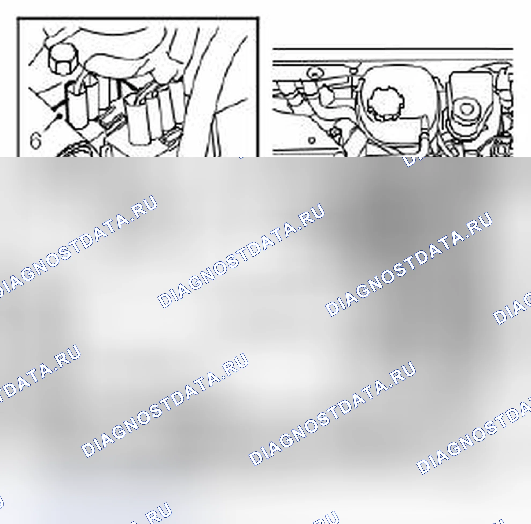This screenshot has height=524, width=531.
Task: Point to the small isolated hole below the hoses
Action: point(311,141)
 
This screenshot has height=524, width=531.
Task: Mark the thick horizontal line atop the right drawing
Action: point(392,49)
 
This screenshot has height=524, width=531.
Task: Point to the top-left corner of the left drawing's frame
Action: point(18,19)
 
